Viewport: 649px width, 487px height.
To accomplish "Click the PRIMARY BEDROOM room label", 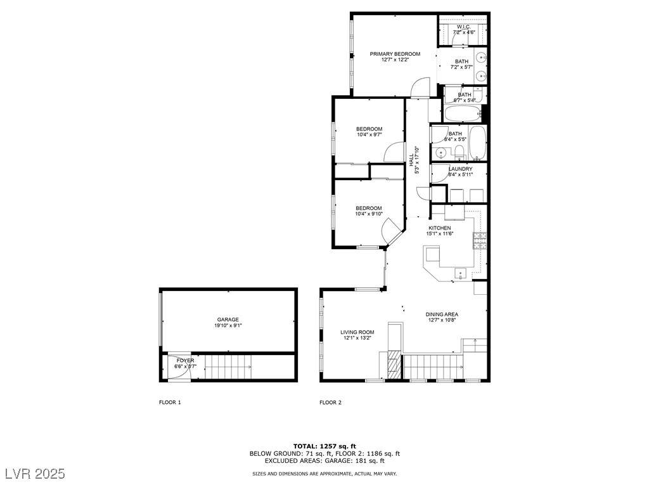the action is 395,54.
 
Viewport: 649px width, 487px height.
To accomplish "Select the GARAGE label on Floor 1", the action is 228,320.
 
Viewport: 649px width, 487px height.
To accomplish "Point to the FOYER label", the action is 185,361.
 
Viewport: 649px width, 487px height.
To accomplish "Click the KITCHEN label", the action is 440,228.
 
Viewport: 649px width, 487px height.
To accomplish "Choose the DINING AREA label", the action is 442,315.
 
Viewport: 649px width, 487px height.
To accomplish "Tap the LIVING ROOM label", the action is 357,332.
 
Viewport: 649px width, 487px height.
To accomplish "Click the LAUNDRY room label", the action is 460,169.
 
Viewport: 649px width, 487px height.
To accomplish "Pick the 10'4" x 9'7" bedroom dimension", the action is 369,134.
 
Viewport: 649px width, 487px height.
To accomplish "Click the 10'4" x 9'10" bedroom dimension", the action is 369,214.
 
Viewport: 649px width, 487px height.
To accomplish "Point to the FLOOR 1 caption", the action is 170,402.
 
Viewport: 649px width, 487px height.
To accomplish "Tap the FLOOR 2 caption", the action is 330,402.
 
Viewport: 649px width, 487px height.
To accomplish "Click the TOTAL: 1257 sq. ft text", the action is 324,446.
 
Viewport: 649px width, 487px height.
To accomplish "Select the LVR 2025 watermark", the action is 35,473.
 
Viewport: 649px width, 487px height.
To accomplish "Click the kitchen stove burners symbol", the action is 480,240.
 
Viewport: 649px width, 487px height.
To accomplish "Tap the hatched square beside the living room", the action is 394,365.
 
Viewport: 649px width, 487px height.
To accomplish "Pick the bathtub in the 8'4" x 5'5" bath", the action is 478,143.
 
